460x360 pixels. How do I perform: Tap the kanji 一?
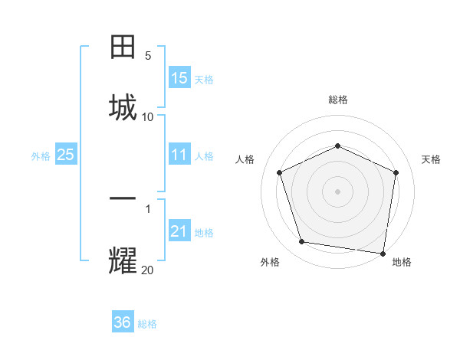point(123,199)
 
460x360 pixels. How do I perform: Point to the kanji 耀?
point(123,260)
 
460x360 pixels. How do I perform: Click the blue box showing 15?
point(179,78)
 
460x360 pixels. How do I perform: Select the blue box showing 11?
point(179,155)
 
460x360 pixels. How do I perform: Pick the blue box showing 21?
point(179,231)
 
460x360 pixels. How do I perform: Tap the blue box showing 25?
point(66,155)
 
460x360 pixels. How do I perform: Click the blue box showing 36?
point(123,322)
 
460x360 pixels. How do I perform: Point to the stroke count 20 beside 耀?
point(148,269)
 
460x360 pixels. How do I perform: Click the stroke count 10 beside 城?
point(148,116)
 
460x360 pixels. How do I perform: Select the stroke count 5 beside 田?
point(148,56)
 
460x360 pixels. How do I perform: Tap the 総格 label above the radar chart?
point(337,100)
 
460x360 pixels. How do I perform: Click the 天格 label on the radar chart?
point(431,159)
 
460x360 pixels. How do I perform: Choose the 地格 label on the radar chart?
point(402,262)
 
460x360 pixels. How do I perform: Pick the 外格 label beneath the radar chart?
point(270,262)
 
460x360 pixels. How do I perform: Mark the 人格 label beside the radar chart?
point(245,159)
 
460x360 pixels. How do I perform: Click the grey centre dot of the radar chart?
point(337,191)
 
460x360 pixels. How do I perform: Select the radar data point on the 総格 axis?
point(337,145)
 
